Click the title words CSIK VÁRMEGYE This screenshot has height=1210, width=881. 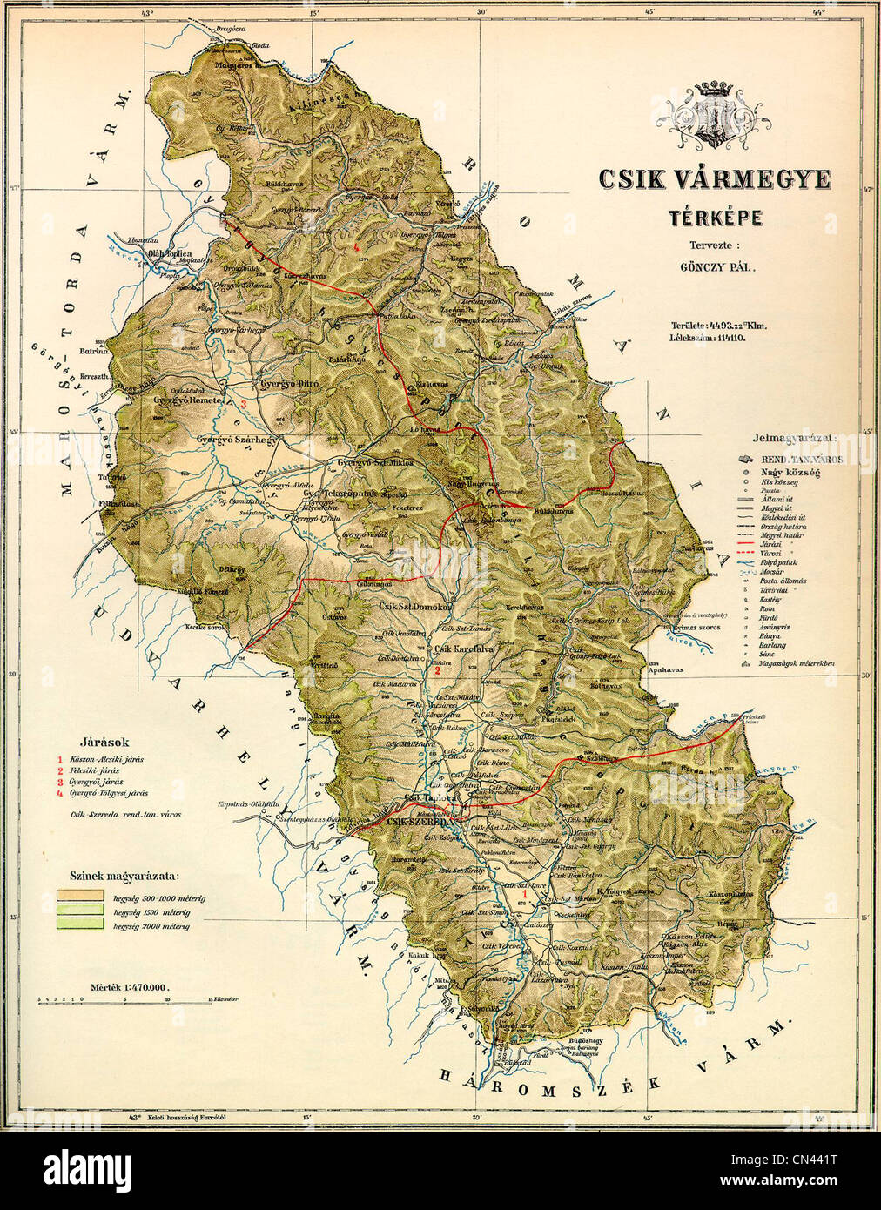[714, 179]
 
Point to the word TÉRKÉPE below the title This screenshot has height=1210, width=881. [714, 217]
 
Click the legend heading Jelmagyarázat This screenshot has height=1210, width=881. [797, 437]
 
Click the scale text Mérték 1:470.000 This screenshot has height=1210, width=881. [129, 987]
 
